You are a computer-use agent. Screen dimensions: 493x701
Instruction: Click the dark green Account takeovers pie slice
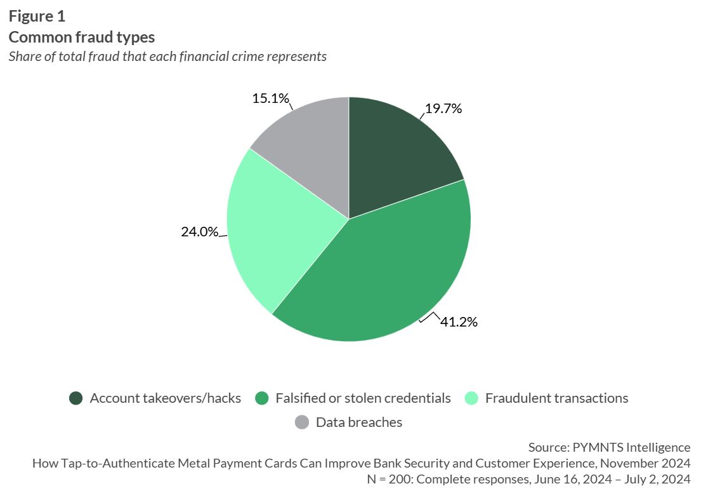coord(400,159)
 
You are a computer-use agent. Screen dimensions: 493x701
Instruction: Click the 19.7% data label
coord(443,109)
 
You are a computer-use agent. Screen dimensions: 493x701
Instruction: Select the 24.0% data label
coord(199,232)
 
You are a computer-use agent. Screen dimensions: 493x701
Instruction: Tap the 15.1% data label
coord(270,98)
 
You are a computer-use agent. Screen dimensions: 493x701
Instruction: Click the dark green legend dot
coord(76,399)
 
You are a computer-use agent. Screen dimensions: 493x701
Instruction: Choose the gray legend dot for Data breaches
coord(302,422)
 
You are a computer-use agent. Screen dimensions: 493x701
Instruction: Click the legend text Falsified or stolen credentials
coord(363,398)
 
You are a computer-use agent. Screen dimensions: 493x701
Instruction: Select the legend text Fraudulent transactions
coord(556,398)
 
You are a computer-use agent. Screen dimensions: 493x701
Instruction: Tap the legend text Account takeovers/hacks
coord(166,398)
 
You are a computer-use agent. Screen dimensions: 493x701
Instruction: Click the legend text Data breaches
coord(359,422)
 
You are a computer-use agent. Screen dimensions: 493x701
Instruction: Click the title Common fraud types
coord(82,37)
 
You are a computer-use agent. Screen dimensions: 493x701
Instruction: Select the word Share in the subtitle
coord(23,56)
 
